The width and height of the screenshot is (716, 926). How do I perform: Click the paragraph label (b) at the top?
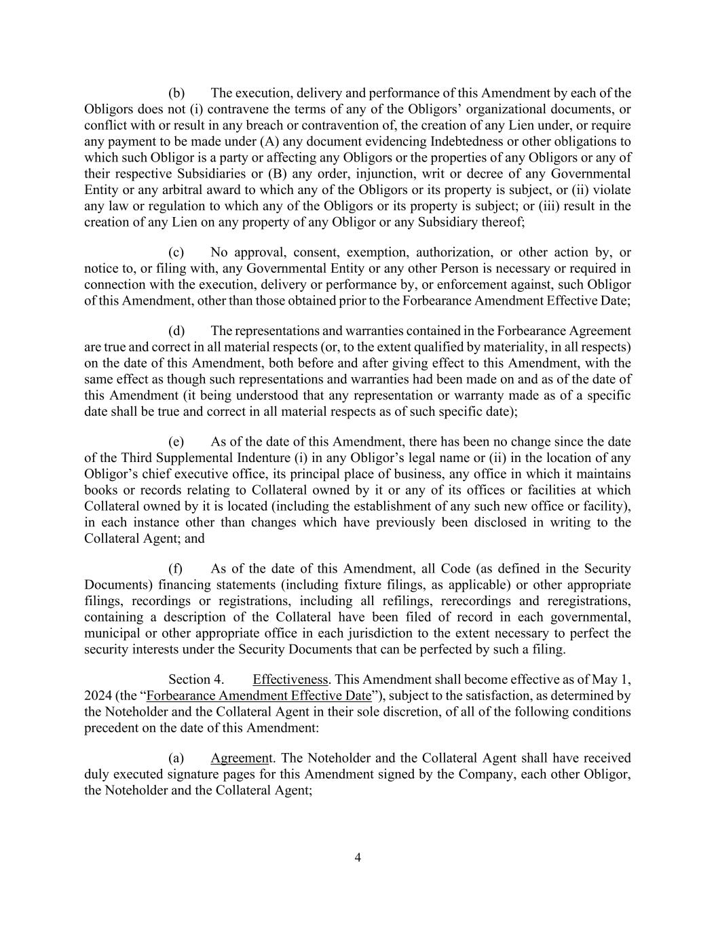coord(176,93)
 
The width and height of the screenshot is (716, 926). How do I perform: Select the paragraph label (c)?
coord(176,252)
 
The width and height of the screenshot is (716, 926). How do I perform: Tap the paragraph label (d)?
coord(176,330)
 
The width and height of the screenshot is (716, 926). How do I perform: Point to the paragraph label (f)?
coord(176,568)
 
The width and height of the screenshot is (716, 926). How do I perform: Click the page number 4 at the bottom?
coord(358,857)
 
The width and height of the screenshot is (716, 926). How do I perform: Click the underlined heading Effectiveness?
coord(290,680)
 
